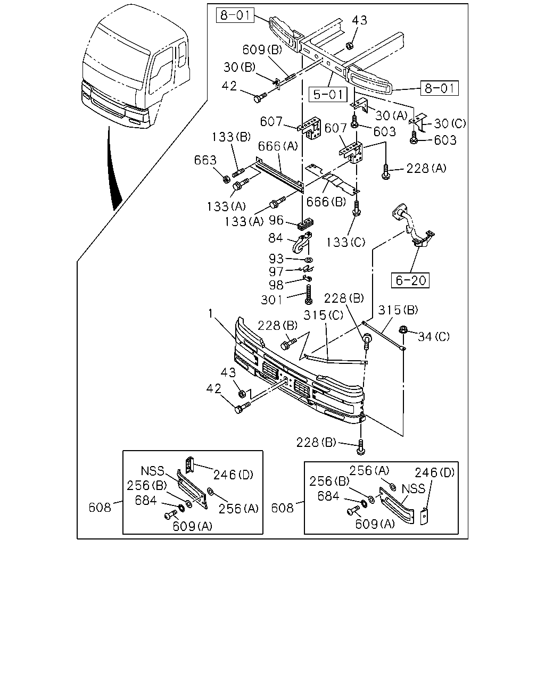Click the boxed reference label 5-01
coord(328,94)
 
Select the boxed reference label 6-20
coord(410,280)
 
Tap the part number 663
coord(205,160)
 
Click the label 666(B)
coord(326,202)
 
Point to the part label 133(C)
coord(346,243)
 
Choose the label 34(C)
coord(434,336)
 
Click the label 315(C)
coord(323,315)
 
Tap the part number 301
coord(271,300)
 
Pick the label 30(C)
coord(450,123)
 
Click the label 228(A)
coord(426,168)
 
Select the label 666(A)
coord(278,146)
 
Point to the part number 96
coord(276,220)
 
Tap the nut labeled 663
coord(226,179)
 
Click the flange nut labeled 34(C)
coord(403,329)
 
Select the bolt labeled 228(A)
coord(385,172)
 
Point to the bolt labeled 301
coord(309,294)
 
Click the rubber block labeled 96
coord(305,224)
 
